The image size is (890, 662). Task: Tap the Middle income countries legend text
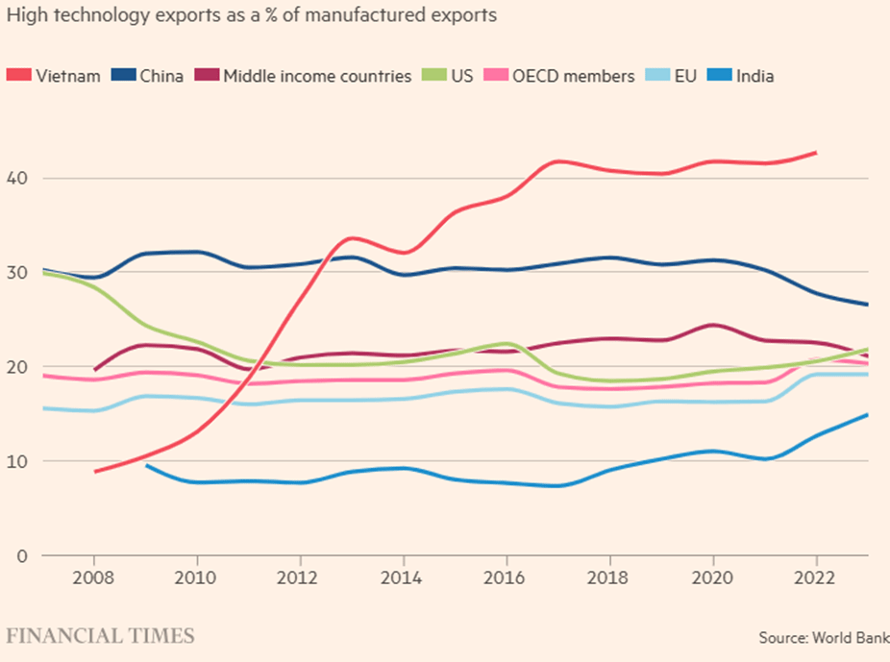317,76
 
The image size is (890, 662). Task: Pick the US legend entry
461,76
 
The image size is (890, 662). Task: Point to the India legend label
754,76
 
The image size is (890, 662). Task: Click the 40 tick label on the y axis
18,178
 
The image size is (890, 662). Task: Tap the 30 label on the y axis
18,272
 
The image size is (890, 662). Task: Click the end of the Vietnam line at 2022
816,152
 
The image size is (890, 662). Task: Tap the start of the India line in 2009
146,465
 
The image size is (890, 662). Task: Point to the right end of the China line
867,305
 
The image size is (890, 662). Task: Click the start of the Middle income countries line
95,369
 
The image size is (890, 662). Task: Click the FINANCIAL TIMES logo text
100,635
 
